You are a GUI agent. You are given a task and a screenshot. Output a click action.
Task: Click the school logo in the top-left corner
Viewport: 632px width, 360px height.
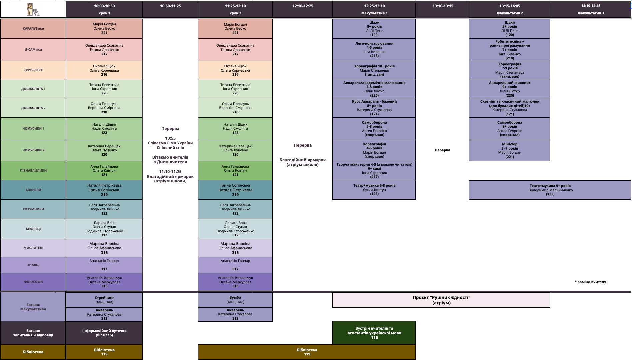(33, 9)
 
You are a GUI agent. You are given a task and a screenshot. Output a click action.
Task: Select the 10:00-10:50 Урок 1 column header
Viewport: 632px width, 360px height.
(104, 9)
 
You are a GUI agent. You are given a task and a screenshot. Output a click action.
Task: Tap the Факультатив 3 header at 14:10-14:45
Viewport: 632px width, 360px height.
(590, 9)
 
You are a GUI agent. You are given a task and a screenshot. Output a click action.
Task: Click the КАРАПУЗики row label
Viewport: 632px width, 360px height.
(33, 29)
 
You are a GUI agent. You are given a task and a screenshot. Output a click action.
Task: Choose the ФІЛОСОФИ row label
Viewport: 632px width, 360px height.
(33, 282)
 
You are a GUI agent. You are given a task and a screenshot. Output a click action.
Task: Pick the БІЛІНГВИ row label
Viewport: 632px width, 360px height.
(33, 190)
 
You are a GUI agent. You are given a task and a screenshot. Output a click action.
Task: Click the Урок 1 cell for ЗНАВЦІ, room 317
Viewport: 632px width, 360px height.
(104, 265)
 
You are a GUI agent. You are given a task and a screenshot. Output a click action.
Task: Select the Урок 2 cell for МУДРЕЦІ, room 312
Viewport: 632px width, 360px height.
(235, 229)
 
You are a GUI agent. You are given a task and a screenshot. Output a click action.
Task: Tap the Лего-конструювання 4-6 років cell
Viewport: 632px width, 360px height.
(374, 50)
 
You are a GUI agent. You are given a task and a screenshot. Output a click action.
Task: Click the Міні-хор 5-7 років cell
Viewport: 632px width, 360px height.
(509, 150)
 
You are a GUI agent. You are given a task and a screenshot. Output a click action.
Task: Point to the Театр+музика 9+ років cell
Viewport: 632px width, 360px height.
(550, 190)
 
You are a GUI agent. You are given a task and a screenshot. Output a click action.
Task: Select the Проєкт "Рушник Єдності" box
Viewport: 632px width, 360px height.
(441, 300)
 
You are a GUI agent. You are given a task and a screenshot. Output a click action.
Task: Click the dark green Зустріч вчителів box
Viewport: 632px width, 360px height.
(374, 333)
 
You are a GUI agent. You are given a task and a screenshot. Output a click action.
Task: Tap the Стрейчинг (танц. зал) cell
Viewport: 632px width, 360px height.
(104, 300)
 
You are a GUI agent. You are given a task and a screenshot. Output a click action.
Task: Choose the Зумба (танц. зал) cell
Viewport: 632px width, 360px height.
(235, 300)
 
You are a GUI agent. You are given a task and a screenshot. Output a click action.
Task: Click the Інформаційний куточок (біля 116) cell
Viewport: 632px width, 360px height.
(104, 333)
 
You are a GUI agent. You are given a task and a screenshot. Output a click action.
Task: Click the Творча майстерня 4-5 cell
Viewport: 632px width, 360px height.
(374, 171)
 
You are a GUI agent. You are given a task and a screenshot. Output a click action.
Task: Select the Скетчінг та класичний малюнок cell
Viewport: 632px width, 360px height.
(509, 108)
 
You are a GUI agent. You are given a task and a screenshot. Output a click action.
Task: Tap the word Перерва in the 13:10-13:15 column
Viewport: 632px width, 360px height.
(442, 150)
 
